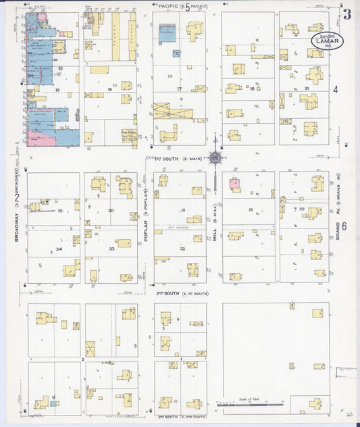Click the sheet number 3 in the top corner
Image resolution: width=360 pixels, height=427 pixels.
coord(346,13)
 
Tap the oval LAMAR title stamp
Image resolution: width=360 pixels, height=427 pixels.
coord(327,42)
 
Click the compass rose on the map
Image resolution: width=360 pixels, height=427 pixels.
coord(215,158)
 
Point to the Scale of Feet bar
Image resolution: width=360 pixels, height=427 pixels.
coord(250,403)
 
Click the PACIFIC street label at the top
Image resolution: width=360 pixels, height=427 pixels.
coord(169,5)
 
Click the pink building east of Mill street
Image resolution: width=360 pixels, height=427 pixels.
coord(234,183)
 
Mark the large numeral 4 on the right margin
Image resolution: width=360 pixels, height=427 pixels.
coord(336,89)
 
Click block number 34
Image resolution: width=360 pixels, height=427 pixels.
coord(59,249)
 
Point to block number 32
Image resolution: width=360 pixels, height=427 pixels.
coord(182,249)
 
